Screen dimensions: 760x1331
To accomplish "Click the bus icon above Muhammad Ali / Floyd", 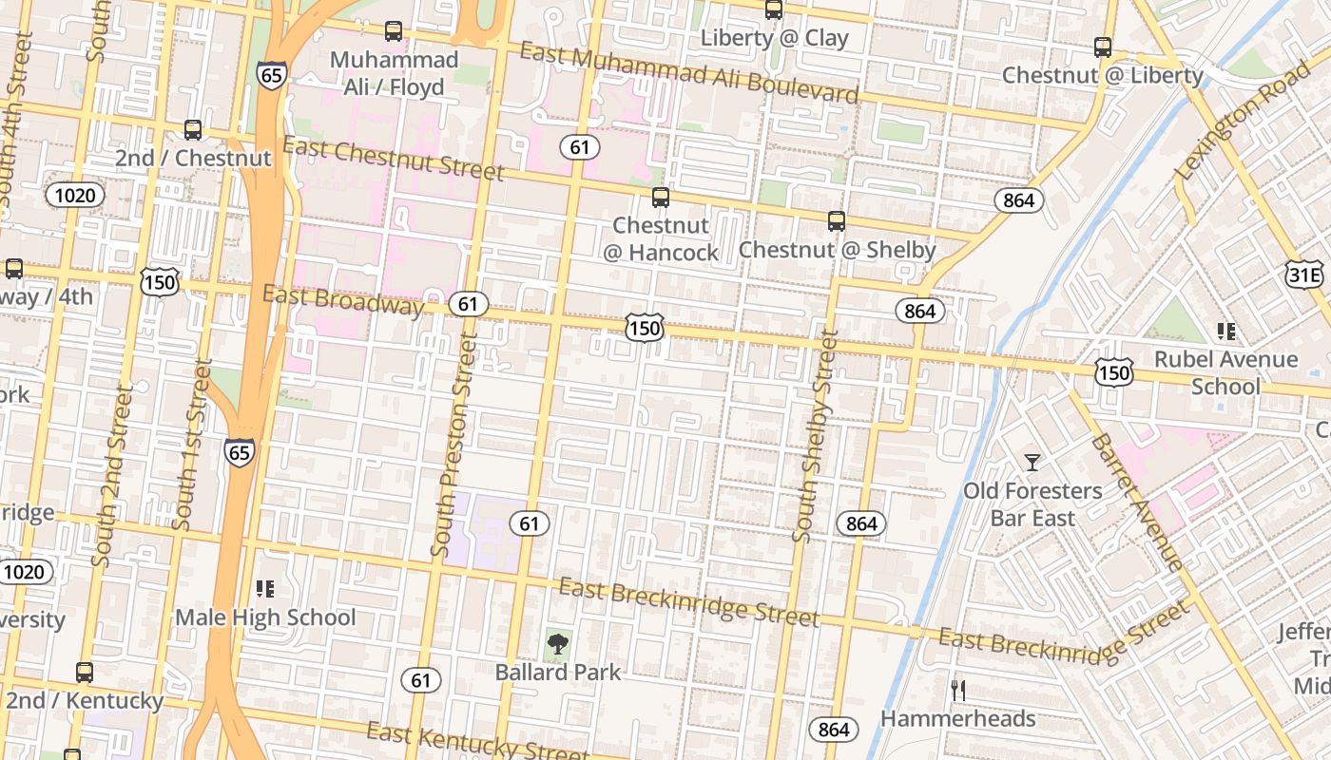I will coord(393,31).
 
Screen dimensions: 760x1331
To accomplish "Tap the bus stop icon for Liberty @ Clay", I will coord(774,9).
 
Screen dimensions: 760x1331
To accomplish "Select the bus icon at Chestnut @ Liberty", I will coord(1103,47).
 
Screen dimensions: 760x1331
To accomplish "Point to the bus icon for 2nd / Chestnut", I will coord(193,130).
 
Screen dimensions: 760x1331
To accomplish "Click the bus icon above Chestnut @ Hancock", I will coord(660,198).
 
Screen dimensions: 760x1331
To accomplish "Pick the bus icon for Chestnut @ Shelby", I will coord(837,221).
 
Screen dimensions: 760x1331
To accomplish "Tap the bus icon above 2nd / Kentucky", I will coord(85,673).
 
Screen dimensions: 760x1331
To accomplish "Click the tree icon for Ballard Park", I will coord(557,644).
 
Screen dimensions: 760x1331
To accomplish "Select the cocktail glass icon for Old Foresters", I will coord(1032,463).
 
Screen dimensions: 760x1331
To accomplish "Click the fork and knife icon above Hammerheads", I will coord(958,691).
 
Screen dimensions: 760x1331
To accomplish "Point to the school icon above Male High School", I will coord(265,589).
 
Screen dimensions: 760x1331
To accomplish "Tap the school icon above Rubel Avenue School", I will coord(1226,332).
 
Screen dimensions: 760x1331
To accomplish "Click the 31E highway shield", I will coord(1303,275).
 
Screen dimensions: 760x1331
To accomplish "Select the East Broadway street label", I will coord(342,299).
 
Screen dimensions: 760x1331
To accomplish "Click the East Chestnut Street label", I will coord(393,159).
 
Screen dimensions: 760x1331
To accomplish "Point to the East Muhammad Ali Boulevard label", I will coord(688,72).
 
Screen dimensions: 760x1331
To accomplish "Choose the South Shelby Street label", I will coord(816,436).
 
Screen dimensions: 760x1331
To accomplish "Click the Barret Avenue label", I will coord(1136,503).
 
